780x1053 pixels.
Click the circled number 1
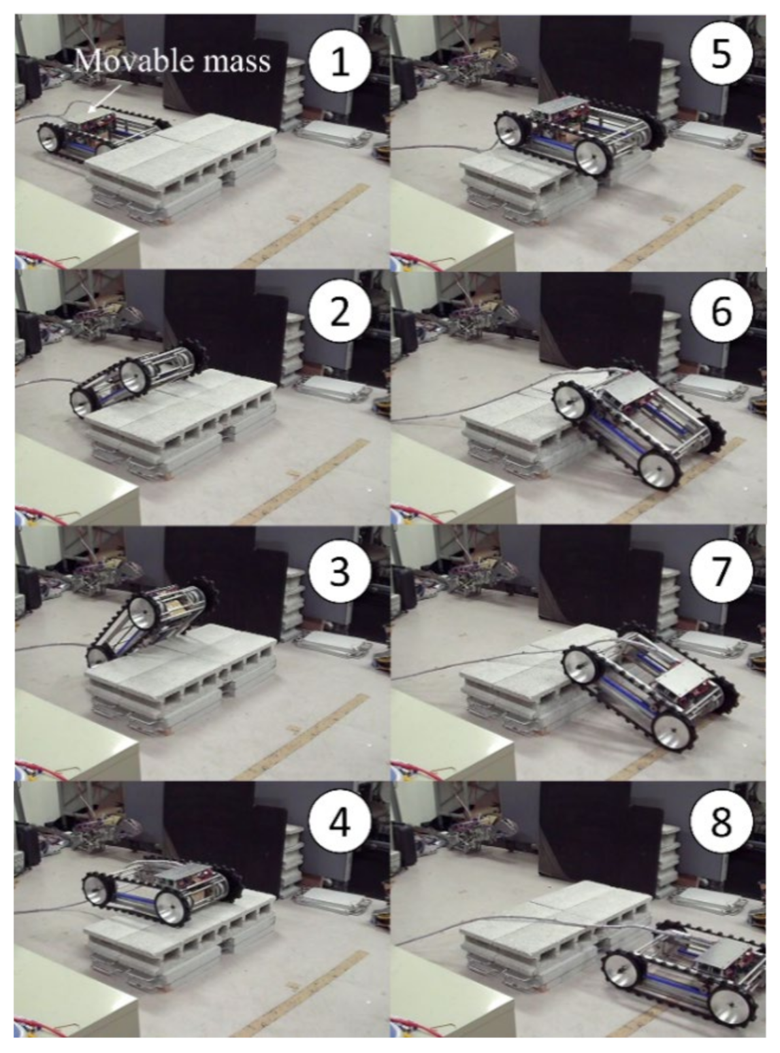340,61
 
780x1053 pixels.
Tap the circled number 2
340,311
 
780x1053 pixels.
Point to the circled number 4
340,823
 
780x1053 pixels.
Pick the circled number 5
721,54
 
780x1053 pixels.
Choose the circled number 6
721,311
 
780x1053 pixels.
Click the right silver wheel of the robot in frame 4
171,907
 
